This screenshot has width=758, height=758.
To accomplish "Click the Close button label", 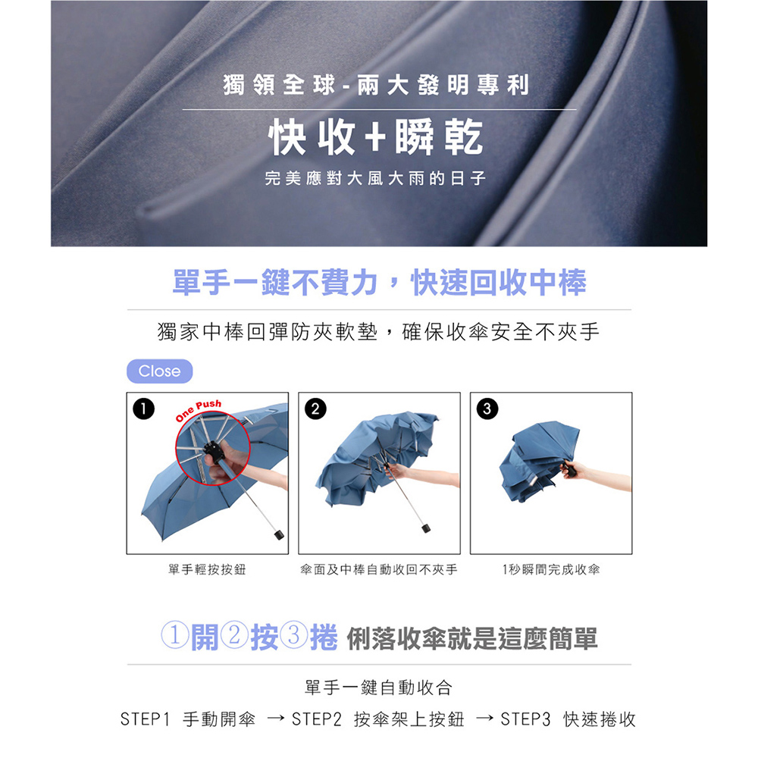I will pyautogui.click(x=160, y=371).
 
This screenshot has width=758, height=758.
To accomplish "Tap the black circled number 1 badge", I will pyautogui.click(x=139, y=406).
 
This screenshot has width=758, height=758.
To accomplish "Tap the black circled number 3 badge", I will pyautogui.click(x=483, y=406).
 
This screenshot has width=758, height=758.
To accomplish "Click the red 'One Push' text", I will pyautogui.click(x=199, y=410).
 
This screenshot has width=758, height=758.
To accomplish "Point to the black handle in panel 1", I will pyautogui.click(x=278, y=534).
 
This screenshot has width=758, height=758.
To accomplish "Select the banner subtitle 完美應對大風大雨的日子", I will pyautogui.click(x=377, y=180).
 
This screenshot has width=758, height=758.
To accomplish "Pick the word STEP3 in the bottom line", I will pyautogui.click(x=525, y=719).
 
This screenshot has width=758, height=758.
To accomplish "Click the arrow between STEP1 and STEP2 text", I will pyautogui.click(x=275, y=719).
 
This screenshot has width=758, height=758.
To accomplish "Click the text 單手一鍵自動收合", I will pyautogui.click(x=378, y=688).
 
